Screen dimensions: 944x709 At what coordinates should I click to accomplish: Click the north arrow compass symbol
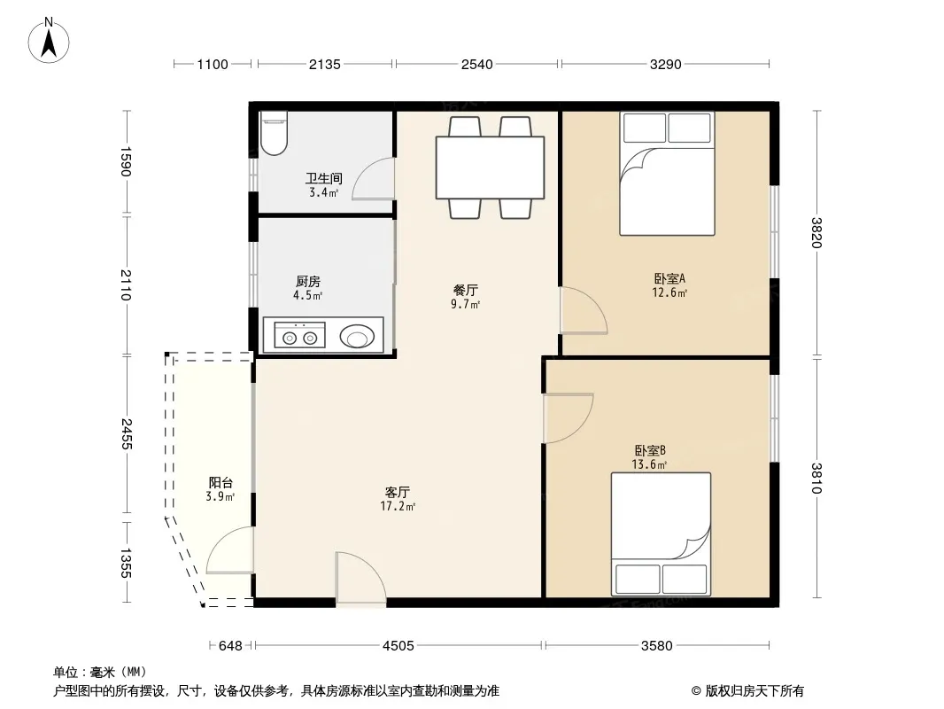tap(49, 41)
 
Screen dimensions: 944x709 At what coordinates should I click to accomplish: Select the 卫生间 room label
tap(324, 178)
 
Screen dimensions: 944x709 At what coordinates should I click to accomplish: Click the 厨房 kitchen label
tap(307, 281)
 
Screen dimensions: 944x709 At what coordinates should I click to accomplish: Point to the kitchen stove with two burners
tap(300, 335)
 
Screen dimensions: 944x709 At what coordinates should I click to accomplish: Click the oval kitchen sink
tap(357, 336)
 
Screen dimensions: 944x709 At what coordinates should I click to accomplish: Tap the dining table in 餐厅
tap(490, 168)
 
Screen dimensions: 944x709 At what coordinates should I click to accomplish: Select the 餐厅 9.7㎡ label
tap(466, 297)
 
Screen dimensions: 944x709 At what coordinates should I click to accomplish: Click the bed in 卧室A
tap(667, 174)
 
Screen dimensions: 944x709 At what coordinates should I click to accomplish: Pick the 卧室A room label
tap(669, 279)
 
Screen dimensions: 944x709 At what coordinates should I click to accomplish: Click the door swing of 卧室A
tap(584, 310)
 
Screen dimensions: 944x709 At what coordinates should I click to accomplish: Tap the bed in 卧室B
tap(661, 534)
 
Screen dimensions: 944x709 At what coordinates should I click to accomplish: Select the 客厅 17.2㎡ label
tap(398, 499)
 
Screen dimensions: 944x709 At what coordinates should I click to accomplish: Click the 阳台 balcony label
tap(221, 482)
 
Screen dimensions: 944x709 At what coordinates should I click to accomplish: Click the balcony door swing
tap(230, 550)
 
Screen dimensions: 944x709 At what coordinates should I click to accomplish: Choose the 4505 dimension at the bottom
tap(398, 646)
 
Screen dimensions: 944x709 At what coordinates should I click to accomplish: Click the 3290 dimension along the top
tap(665, 64)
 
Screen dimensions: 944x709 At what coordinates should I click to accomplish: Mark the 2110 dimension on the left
tap(126, 284)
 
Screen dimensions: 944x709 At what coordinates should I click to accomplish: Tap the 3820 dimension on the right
tap(816, 232)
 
